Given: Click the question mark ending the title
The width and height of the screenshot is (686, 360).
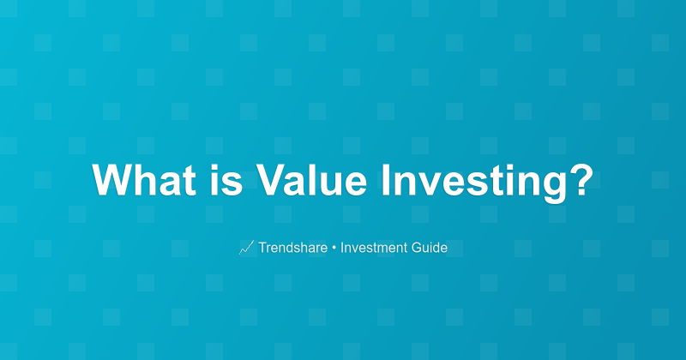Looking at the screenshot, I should point(581,181).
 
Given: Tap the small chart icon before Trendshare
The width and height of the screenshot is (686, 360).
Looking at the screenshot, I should point(246,248).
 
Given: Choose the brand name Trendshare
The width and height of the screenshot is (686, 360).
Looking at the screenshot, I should point(292,248).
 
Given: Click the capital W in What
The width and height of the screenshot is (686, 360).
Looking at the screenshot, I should point(111,181).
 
